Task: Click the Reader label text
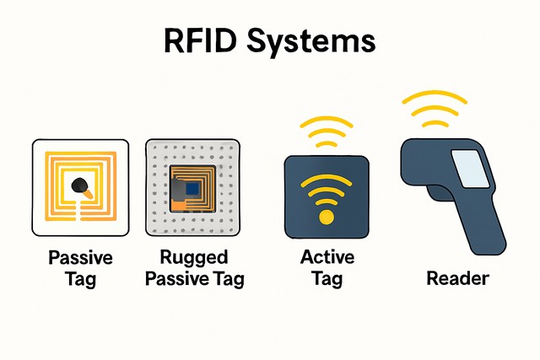pyautogui.click(x=458, y=277)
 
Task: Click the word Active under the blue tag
pyautogui.click(x=327, y=257)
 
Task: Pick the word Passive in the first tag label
pyautogui.click(x=80, y=258)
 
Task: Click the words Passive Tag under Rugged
pyautogui.click(x=195, y=277)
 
